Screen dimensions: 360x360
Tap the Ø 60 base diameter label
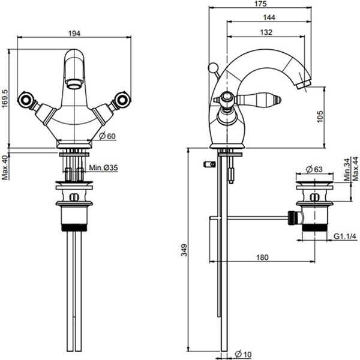106,136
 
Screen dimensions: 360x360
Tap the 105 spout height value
320,116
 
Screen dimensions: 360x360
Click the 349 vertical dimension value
183,248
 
